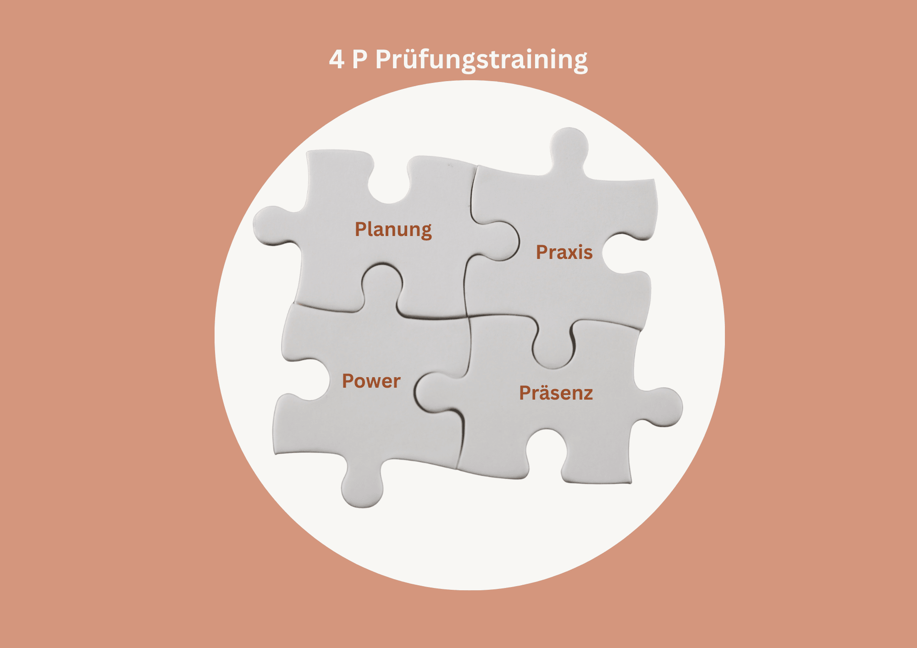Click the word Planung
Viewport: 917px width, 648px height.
click(x=393, y=230)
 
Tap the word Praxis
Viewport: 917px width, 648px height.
click(x=564, y=253)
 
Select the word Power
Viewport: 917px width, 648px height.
click(x=371, y=381)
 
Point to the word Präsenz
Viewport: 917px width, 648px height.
click(x=556, y=393)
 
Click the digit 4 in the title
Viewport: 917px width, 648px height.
click(x=336, y=60)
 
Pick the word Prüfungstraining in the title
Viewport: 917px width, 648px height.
click(x=481, y=60)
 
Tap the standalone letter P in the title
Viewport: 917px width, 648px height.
click(x=360, y=60)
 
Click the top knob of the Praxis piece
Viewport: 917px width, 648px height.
click(x=569, y=147)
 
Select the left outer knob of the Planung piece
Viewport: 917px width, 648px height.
click(x=273, y=225)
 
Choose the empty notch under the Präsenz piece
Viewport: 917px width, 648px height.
click(x=546, y=449)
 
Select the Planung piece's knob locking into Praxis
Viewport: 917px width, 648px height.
click(x=497, y=241)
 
